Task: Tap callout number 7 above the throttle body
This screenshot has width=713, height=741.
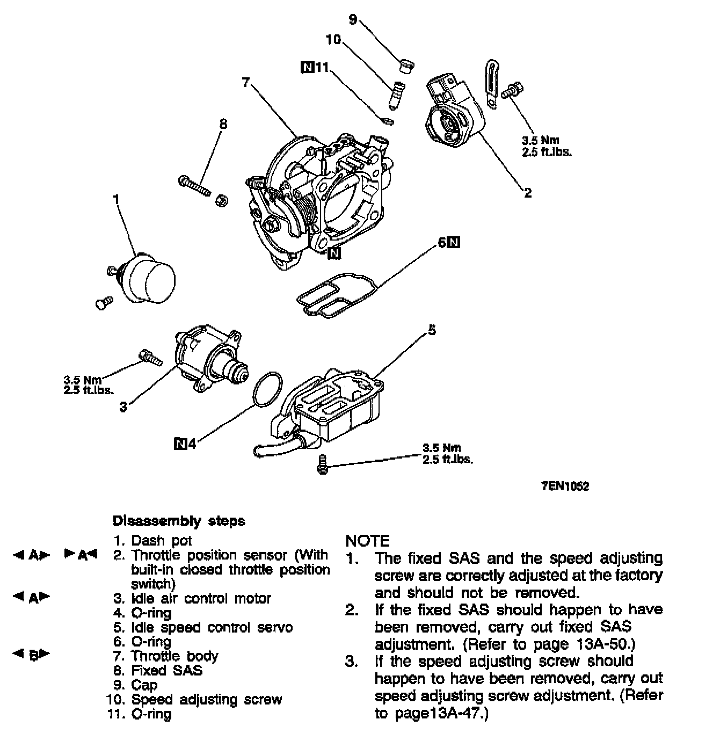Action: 245,82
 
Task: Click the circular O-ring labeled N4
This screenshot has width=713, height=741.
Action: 267,388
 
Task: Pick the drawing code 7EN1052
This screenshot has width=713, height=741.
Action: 565,486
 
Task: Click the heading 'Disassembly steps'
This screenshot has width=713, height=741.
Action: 179,521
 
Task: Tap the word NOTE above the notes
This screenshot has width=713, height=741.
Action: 368,540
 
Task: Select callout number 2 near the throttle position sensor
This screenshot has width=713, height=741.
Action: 528,192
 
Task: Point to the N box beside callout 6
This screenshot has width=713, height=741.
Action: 454,243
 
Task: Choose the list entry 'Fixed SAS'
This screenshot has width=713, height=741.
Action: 167,671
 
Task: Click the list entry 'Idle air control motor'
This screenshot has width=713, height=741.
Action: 201,598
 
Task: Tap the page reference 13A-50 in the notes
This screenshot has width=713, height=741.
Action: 606,644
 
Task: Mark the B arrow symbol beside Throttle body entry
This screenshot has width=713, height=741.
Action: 32,655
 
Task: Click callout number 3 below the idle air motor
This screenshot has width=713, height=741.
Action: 123,406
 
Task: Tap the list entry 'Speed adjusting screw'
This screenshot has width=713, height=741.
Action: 206,700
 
